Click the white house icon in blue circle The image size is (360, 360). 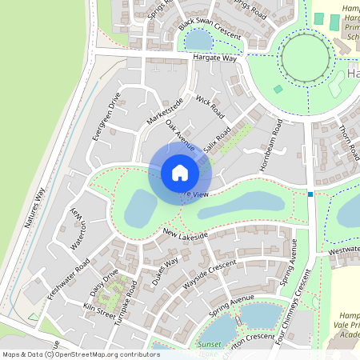180,173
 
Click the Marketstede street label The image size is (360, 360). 165,110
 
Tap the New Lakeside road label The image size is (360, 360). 185,234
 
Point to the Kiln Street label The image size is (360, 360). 100,309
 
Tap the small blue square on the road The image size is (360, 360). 310,194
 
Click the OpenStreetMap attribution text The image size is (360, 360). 80,354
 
